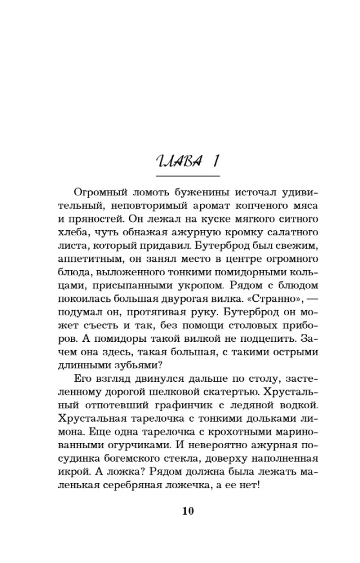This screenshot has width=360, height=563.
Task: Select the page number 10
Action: point(187,511)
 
